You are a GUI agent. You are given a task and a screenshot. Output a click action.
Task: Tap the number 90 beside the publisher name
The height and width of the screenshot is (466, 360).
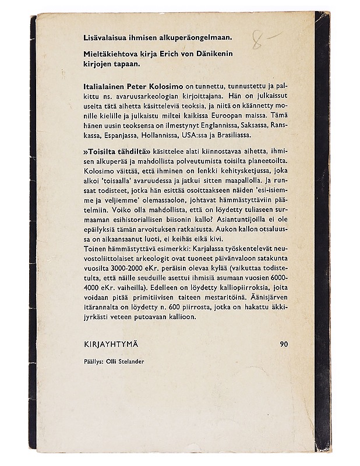coord(284,344)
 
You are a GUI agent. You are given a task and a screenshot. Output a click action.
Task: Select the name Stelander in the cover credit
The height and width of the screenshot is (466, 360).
coord(130,361)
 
